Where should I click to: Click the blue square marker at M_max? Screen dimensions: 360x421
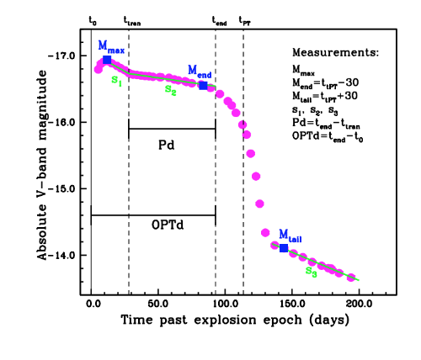pos(106,60)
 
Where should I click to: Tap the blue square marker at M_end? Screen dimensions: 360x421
pos(203,86)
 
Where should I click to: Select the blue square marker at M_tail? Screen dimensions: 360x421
pos(283,248)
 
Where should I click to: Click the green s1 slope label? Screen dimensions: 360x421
pos(116,82)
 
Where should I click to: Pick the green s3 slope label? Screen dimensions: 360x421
pos(311,273)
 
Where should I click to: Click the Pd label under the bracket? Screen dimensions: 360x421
pos(168,144)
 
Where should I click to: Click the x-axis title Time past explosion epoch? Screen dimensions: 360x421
pos(210,320)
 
